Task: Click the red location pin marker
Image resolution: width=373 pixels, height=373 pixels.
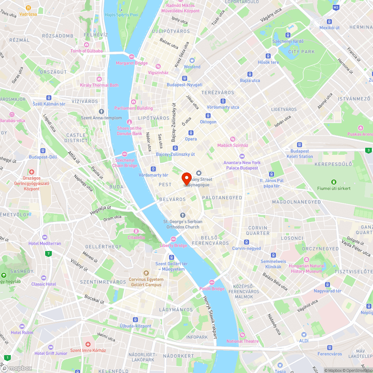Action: (186, 178)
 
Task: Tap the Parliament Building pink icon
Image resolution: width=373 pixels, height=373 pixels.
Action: (134, 102)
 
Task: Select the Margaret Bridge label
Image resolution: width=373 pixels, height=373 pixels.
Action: (132, 63)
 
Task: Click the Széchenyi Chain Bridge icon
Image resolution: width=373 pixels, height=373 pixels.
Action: (125, 154)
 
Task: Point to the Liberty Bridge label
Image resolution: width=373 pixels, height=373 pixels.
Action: (173, 245)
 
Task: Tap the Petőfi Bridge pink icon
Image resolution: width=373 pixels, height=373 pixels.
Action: (212, 282)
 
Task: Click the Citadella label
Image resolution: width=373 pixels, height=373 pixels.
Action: (136, 237)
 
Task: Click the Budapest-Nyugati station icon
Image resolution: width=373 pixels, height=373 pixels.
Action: (184, 78)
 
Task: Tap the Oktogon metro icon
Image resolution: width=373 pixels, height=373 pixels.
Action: (208, 116)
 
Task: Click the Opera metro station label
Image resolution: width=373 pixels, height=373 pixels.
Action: (191, 139)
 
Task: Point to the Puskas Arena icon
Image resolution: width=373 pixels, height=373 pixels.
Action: (360, 128)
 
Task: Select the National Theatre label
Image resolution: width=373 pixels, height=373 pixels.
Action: (242, 341)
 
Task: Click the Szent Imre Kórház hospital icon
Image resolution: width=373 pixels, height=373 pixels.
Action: (88, 344)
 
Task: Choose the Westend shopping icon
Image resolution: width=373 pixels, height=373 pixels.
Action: (192, 60)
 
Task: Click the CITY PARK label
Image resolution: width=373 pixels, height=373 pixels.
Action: (301, 52)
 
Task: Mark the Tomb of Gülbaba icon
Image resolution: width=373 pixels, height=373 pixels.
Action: (87, 44)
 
